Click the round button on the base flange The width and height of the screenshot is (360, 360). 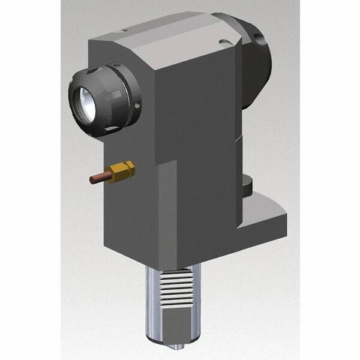[x=248, y=185]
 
